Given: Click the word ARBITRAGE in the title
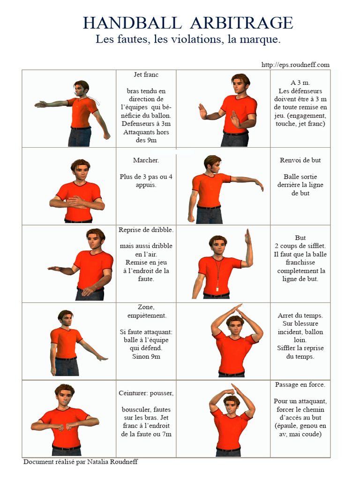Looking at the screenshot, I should point(242,23).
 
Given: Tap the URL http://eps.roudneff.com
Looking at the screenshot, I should point(295,65).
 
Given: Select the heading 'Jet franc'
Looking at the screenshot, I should point(146,75).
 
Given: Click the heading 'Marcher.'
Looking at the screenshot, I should point(146,160).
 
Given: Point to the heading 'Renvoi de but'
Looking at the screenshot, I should point(300,160).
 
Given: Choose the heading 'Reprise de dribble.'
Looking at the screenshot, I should point(146,230).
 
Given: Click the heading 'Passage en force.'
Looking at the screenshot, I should point(300,385).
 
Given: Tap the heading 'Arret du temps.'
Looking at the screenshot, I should point(300,315).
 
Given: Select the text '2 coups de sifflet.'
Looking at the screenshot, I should point(300,246).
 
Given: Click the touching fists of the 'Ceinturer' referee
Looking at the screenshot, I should point(65,427).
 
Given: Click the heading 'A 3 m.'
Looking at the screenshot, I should point(300,83).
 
